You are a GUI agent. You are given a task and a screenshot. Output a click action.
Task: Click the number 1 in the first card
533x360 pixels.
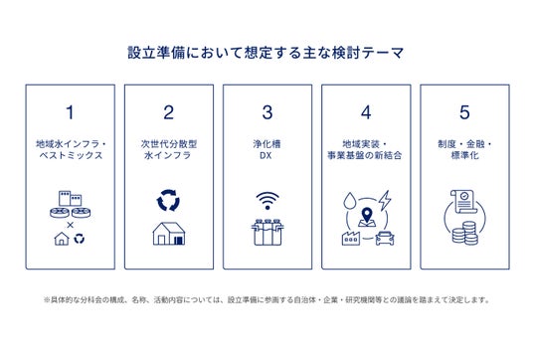pos(70,112)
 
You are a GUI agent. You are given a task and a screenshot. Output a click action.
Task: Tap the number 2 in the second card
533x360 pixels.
pos(169,112)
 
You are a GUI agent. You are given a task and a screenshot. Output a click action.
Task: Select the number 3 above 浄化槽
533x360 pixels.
pos(267,112)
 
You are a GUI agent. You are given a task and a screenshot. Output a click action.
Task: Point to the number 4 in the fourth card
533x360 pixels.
pos(366,112)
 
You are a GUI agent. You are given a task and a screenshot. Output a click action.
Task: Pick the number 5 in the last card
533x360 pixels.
pos(464,112)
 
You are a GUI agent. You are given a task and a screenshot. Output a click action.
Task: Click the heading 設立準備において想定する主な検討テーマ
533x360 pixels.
pos(266,53)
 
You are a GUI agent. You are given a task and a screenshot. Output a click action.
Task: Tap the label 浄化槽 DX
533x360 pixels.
pos(266,149)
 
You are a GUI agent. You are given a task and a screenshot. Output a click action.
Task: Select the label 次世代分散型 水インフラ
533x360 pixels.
pos(169,149)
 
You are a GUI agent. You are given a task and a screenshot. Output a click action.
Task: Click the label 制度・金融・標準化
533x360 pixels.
pos(464,149)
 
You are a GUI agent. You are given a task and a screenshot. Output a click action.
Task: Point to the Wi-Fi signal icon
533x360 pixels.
pos(267,201)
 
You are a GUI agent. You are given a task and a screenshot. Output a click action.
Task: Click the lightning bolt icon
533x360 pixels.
pos(385,200)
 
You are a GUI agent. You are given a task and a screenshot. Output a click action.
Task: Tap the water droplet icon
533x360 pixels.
pos(349,201)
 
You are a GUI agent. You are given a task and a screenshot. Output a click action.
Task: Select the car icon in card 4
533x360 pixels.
pos(385,238)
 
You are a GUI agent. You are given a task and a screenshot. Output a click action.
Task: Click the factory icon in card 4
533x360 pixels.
pos(351,238)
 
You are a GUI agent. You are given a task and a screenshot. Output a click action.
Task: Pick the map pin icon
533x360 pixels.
pos(367,217)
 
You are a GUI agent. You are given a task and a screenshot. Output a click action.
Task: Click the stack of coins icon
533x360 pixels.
pos(464,233)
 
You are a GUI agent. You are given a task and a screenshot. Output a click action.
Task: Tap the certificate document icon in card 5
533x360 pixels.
pos(463,202)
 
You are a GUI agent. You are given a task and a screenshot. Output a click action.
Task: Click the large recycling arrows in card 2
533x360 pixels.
pos(168,200)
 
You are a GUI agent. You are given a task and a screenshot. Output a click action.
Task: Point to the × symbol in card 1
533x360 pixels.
pos(70,225)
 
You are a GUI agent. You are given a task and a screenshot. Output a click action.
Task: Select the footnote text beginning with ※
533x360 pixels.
pos(266,299)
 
